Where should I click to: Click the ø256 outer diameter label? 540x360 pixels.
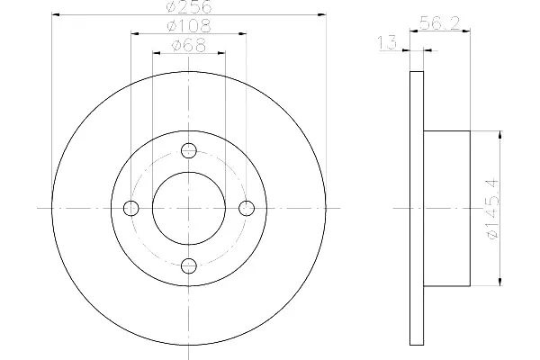point(189,7)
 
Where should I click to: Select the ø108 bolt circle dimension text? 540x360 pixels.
point(188,26)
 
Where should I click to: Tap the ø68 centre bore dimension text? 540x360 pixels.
point(189,45)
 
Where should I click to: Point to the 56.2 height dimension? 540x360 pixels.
point(439,23)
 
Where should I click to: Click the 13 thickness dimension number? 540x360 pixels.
point(387,42)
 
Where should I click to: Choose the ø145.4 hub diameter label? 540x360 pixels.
point(491,209)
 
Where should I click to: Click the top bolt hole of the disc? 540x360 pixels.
point(189,150)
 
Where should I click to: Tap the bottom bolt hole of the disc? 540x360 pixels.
point(189,266)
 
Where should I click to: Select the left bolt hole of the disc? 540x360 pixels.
point(130,208)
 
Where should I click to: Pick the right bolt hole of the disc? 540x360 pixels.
point(247,208)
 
